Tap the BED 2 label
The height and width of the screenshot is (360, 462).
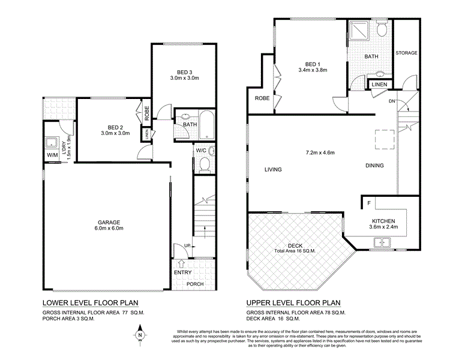(115, 127)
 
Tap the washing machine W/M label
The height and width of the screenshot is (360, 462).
(53, 156)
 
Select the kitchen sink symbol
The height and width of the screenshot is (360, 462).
(382, 242)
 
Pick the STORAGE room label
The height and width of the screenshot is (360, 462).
(406, 53)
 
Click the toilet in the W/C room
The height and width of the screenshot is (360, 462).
(204, 164)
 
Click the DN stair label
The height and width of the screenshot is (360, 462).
(392, 101)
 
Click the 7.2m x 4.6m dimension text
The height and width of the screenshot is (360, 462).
(320, 152)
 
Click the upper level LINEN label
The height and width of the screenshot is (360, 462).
(379, 85)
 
